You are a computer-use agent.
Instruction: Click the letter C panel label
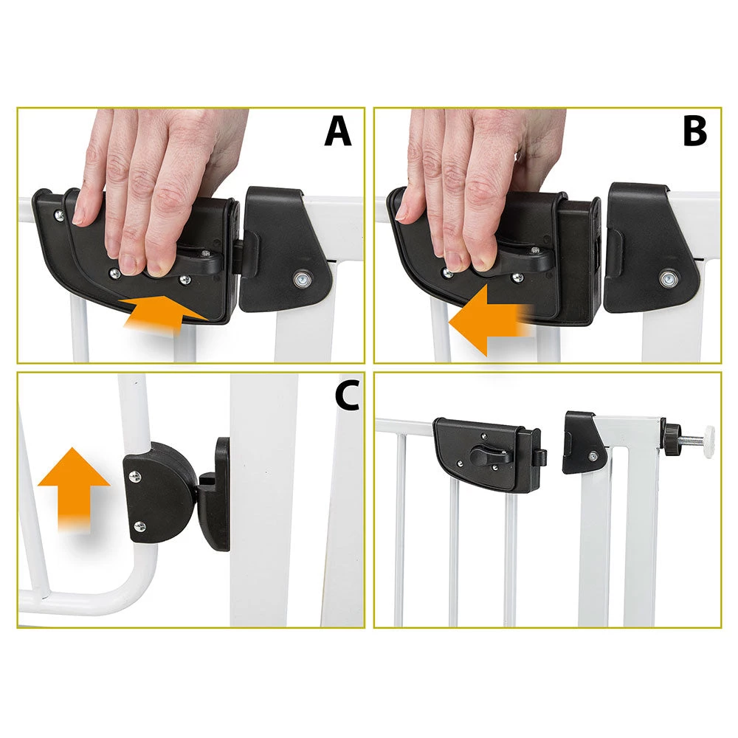tap(346, 396)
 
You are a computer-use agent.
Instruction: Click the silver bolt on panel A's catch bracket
tap(300, 280)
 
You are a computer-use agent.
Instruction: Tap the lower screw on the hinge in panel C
tap(139, 526)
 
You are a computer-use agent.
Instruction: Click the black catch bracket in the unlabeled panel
tap(583, 442)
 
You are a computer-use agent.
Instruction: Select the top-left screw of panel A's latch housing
tap(60, 214)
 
